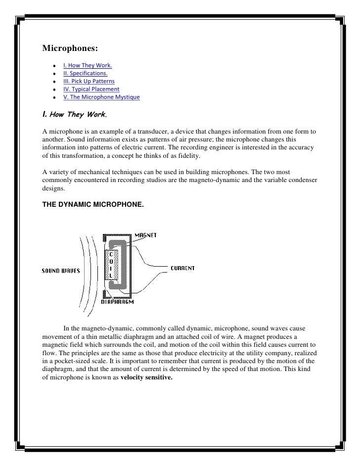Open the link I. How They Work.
click(88, 65)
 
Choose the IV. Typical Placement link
click(91, 89)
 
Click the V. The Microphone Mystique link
click(101, 97)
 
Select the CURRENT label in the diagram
click(182, 268)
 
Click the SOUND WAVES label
click(61, 271)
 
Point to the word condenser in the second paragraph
click(300, 180)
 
